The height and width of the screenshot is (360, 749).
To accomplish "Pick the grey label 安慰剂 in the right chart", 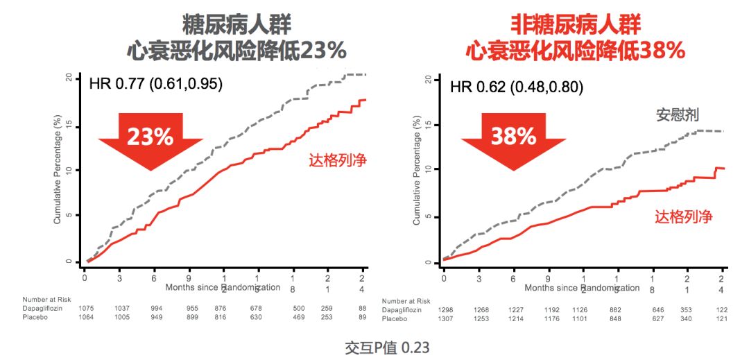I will tap(677, 114).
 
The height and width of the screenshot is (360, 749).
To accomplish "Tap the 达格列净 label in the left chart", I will tap(338, 160).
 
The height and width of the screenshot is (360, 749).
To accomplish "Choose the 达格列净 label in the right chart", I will tap(684, 216).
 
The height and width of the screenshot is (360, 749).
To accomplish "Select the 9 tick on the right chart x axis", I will tap(548, 277).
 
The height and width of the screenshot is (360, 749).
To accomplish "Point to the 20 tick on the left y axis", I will tap(68, 78).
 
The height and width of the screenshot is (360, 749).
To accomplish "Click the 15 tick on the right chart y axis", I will tap(427, 125).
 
